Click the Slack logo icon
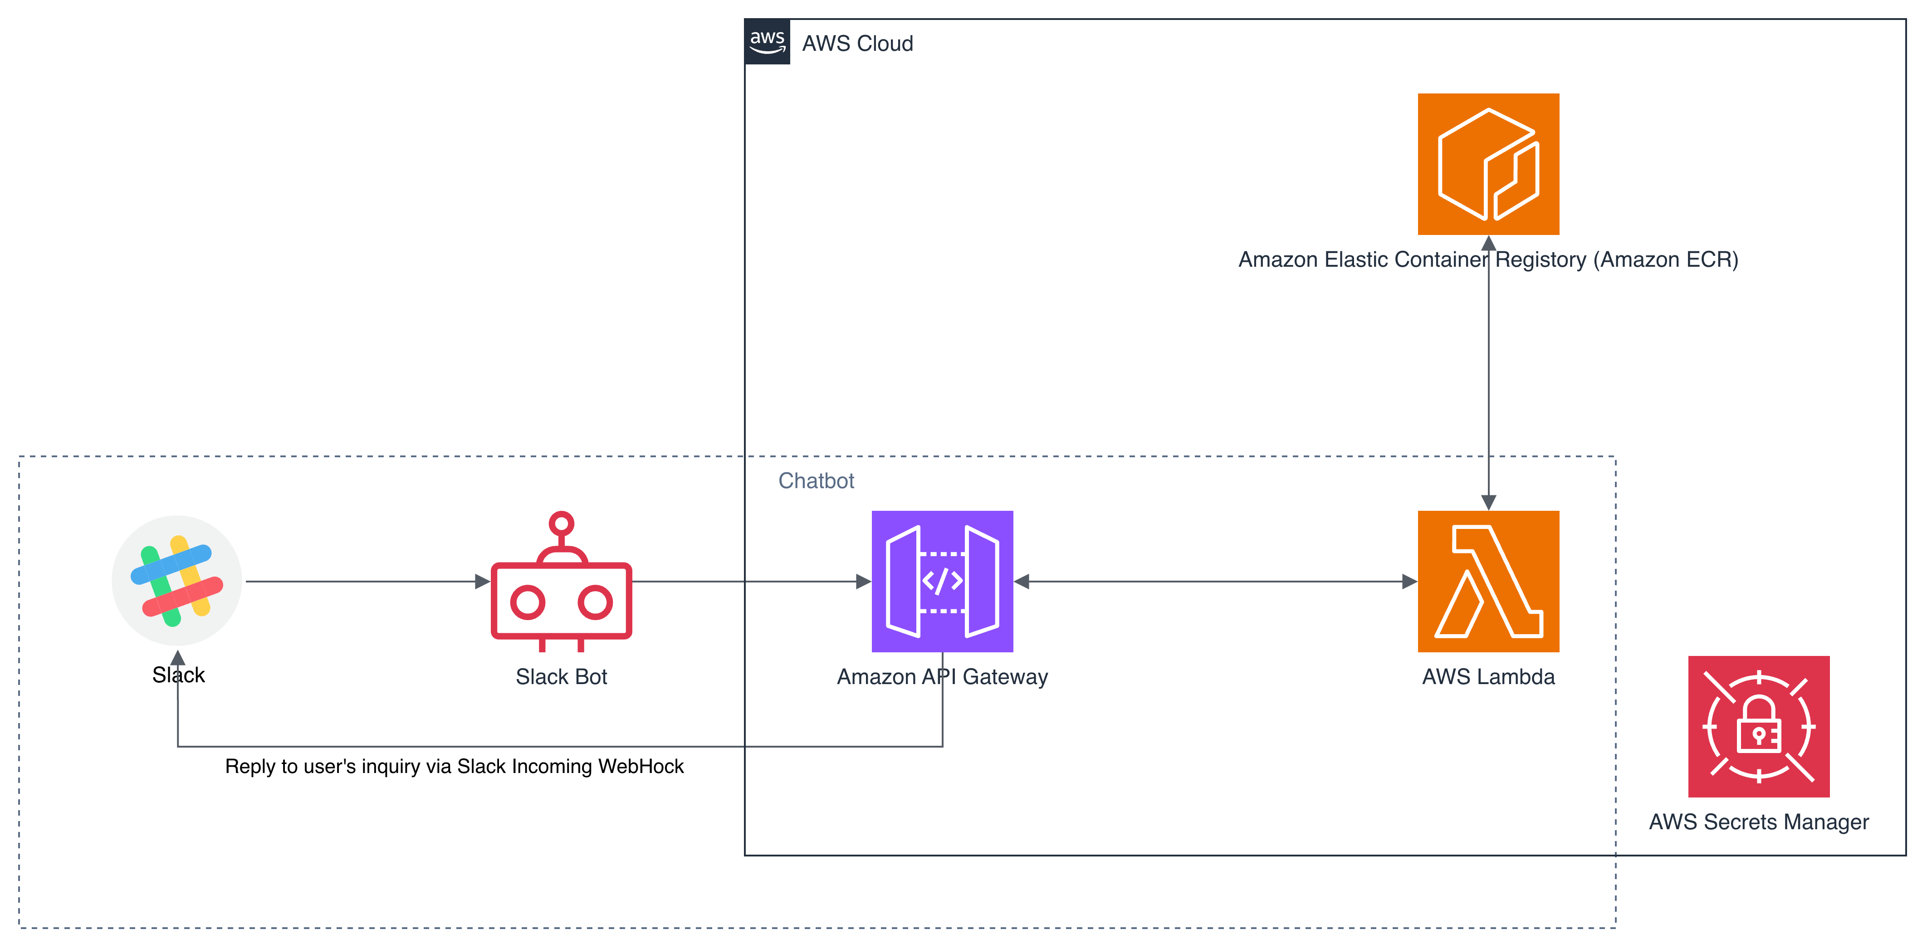tap(176, 580)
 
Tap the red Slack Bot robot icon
tap(561, 591)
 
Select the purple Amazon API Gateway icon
tap(942, 581)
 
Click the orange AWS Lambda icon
tap(1488, 581)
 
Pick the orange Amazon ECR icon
tap(1488, 164)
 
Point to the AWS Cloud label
tap(857, 44)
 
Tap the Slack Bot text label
tap(561, 677)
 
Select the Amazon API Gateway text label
tap(942, 677)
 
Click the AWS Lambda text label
tap(1488, 677)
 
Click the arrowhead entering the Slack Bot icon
tap(483, 581)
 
